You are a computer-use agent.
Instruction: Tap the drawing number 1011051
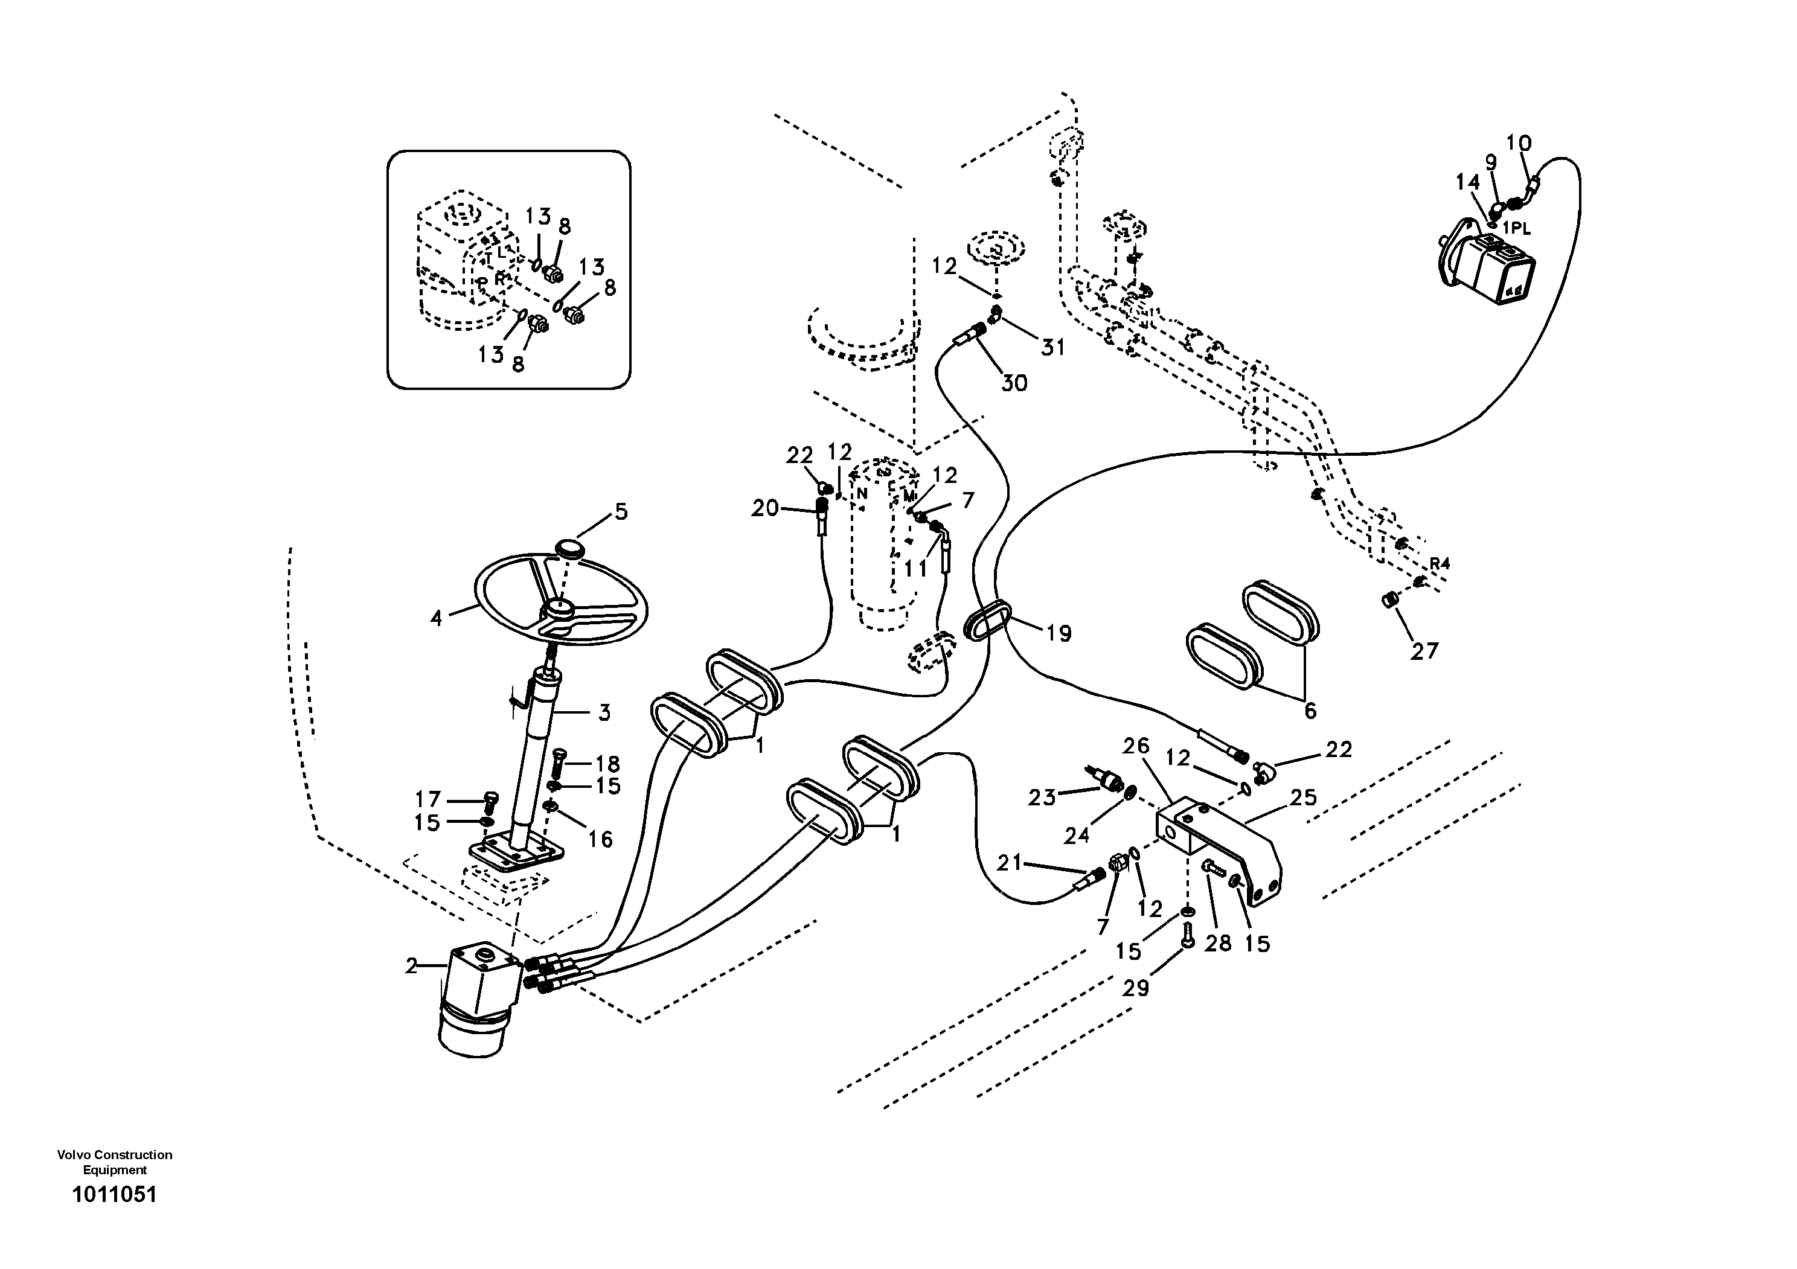[x=114, y=1195]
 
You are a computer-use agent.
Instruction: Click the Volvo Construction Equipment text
[x=114, y=1162]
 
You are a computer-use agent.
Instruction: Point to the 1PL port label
[x=1516, y=228]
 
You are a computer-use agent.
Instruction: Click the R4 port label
[x=1440, y=563]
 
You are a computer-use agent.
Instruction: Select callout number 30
[x=1014, y=383]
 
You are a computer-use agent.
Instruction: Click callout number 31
[x=1052, y=347]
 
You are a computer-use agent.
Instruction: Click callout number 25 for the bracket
[x=1303, y=798]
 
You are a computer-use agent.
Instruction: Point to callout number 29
[x=1136, y=988]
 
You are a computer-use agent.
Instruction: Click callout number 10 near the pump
[x=1519, y=142]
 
